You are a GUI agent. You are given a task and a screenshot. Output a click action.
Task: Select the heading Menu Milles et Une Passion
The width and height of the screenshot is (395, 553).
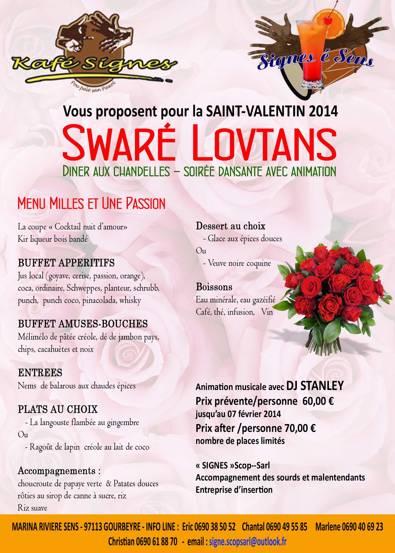click(x=91, y=203)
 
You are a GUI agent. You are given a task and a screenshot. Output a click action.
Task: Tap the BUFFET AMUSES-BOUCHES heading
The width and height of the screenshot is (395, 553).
click(x=83, y=324)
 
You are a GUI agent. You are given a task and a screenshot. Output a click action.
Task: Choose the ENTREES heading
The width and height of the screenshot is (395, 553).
click(x=40, y=373)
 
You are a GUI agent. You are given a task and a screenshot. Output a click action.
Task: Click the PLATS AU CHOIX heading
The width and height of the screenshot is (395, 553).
click(x=58, y=410)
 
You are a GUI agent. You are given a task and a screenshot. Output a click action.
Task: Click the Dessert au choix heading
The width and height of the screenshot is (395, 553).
click(x=230, y=226)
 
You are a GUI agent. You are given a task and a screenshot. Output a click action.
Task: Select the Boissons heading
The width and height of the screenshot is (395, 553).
click(x=214, y=287)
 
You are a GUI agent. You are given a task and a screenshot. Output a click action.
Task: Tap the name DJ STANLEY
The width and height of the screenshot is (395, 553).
click(x=315, y=385)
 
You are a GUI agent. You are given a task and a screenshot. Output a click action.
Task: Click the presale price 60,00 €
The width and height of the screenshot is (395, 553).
click(x=318, y=401)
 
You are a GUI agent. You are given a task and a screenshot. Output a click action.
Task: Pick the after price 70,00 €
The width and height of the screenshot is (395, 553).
click(x=300, y=428)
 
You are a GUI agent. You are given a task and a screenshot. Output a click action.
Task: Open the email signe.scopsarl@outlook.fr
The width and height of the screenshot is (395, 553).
click(x=248, y=541)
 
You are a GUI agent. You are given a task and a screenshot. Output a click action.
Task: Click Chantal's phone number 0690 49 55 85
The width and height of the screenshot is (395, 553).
click(x=286, y=527)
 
